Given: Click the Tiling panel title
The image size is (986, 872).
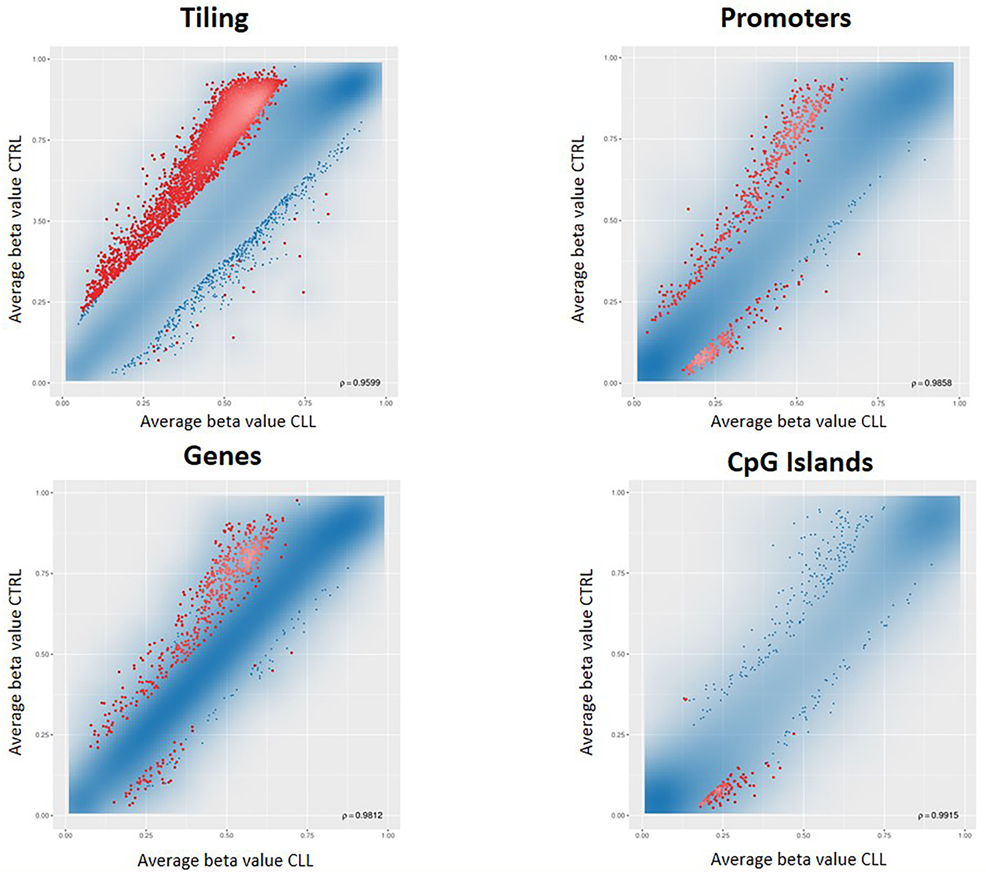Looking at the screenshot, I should pos(214,18).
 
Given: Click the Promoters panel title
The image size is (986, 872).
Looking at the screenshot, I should pos(785,18).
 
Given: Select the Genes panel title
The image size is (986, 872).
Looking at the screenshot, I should pos(222,455).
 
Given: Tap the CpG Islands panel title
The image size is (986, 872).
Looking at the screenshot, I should pos(800,462).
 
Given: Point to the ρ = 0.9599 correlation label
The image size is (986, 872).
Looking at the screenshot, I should pos(360,383).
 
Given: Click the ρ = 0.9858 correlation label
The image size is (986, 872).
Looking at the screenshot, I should pos(931,383).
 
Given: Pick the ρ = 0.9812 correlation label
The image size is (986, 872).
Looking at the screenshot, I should pos(362,816).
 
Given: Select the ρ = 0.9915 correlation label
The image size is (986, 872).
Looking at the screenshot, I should pos(938,816).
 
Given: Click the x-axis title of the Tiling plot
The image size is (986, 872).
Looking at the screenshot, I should pos(228,421).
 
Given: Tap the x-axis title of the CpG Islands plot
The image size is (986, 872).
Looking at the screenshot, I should pos(798,859).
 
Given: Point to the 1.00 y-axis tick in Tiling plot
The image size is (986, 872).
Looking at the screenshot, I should pos(39,59).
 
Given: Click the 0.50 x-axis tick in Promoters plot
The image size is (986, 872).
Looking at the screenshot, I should pos(796,403).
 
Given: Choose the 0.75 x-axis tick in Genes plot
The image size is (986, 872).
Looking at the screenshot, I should pos(308,835).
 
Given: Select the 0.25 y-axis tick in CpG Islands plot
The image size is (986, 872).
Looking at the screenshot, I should pos(618,735).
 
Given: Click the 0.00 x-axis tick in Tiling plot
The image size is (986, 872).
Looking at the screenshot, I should pos(62,403).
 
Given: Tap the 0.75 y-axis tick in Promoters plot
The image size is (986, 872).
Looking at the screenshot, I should pos(610,140).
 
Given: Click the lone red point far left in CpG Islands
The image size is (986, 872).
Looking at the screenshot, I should pos(685,699).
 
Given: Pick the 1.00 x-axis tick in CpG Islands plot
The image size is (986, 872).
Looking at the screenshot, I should pos(965,835).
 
